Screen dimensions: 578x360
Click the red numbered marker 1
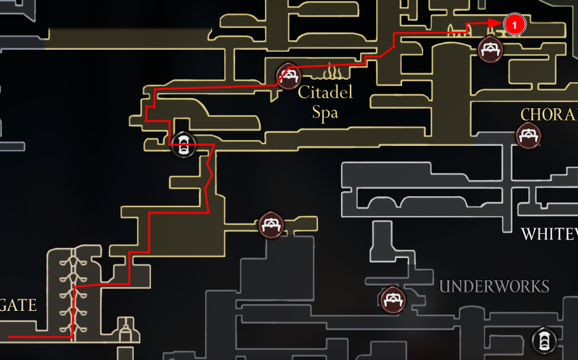coord(514,25)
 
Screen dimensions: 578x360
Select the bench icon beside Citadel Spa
coord(288,76)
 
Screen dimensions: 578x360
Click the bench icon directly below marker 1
coord(490,49)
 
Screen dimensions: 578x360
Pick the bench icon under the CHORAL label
coord(528,136)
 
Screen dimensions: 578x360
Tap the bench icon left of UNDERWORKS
coord(392,299)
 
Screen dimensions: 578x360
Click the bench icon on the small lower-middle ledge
coord(271,224)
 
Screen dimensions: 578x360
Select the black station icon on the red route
coord(183,146)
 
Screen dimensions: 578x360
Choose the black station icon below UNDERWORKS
coord(543,340)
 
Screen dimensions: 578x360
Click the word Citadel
coord(325,93)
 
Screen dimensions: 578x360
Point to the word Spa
coord(324,113)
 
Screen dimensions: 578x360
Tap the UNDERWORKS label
coord(494,286)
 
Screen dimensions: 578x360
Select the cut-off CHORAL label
coord(549,115)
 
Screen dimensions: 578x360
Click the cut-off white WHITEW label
coord(549,234)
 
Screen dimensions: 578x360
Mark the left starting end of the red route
coord(9,336)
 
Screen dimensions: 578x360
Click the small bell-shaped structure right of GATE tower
coord(126,331)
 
